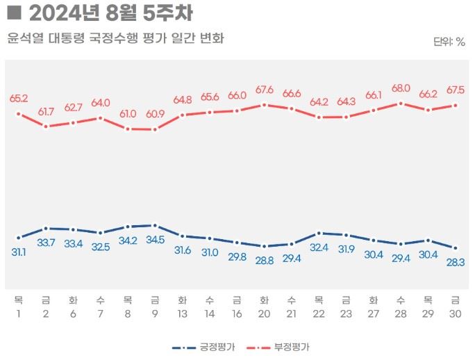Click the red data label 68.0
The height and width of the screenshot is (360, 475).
(x=401, y=88)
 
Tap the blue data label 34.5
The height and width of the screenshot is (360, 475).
(x=155, y=240)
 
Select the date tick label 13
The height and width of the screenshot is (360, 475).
(x=182, y=313)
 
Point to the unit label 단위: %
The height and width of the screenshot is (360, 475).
(x=449, y=42)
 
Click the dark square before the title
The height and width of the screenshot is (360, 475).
(x=13, y=13)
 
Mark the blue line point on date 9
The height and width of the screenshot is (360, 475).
(x=155, y=225)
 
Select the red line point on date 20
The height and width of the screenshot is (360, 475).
(x=264, y=105)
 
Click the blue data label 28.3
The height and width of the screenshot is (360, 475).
(x=455, y=263)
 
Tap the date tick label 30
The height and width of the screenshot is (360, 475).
(x=455, y=313)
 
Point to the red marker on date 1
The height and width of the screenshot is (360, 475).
(x=19, y=113)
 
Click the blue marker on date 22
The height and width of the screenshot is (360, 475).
(x=319, y=233)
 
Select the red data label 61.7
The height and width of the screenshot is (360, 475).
(x=46, y=111)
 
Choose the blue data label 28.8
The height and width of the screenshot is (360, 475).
(x=264, y=260)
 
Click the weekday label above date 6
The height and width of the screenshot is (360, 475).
(x=73, y=300)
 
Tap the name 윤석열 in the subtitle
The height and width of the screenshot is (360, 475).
(x=25, y=38)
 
